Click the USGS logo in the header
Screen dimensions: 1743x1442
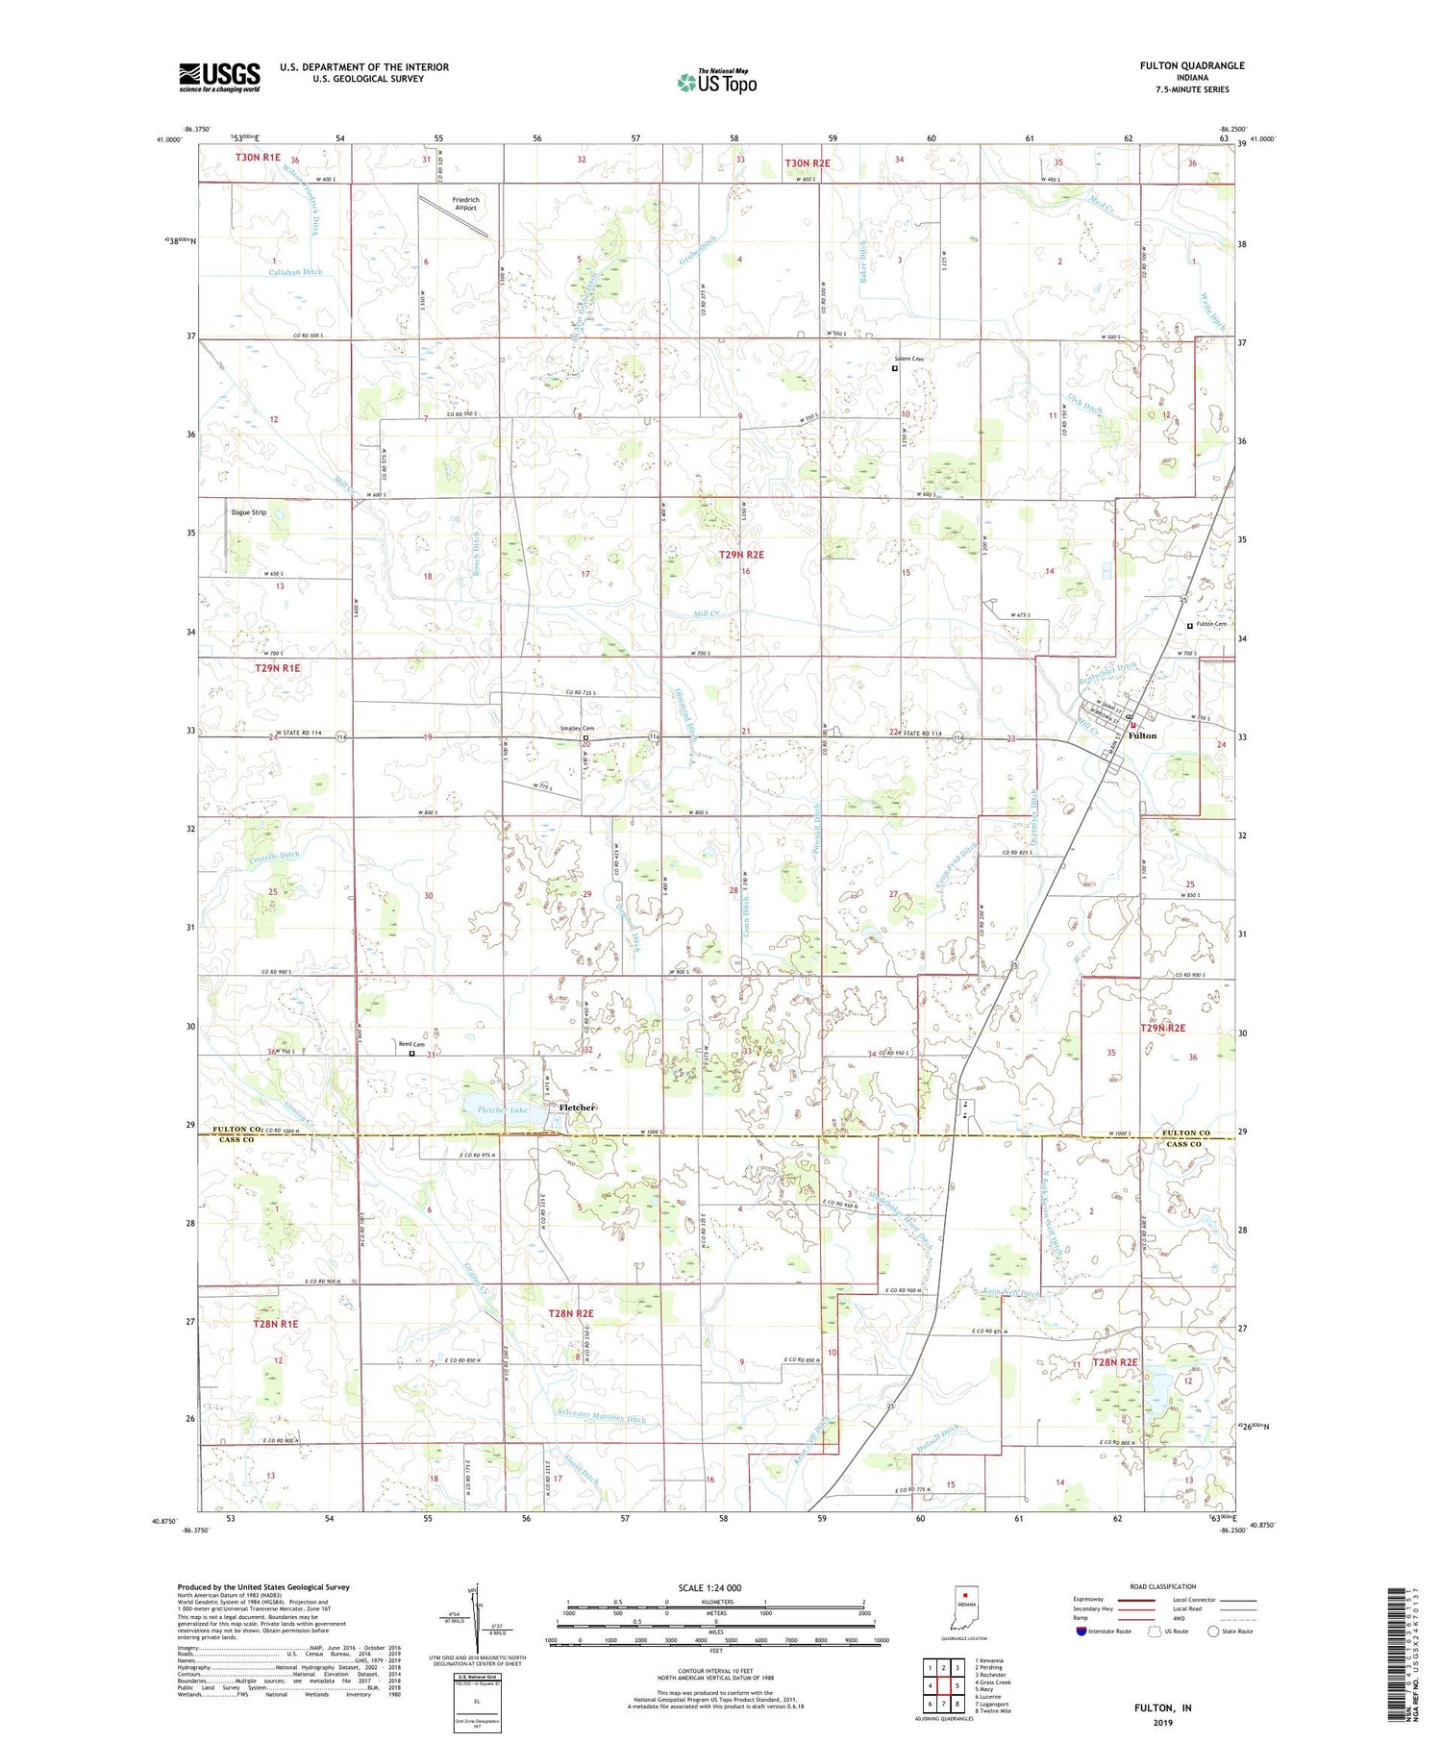[219, 77]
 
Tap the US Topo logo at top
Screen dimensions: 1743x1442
[717, 83]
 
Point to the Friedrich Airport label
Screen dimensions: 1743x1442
[465, 204]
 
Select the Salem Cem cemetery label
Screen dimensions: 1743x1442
[908, 360]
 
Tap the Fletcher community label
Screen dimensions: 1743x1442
[578, 1107]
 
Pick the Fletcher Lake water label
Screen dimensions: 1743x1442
[503, 1110]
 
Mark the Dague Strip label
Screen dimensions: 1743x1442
[248, 512]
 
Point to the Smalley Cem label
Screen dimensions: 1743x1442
[577, 729]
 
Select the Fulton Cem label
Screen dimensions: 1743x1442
[1211, 625]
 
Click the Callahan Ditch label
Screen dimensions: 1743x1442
[296, 272]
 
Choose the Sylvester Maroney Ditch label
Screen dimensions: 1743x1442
[602, 1418]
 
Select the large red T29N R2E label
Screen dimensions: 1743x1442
[741, 555]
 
